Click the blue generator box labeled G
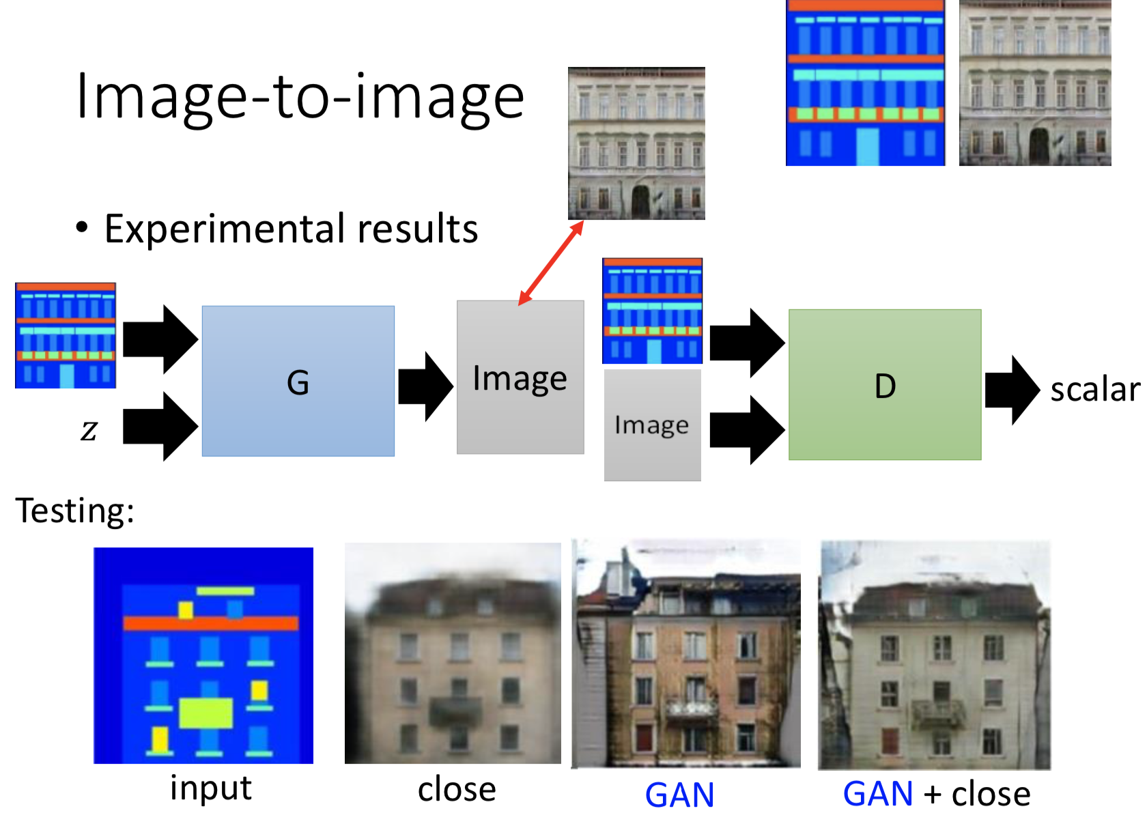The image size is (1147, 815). coord(298,381)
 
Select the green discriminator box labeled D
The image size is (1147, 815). coord(885,385)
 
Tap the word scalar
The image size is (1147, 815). coord(1094,390)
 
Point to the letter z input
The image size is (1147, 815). coord(89,430)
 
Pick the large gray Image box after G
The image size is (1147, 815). coord(520,377)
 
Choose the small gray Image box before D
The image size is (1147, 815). coord(652,425)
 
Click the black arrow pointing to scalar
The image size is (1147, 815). coord(1013,390)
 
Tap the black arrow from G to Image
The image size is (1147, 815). coord(425,386)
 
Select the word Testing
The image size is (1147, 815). coord(74,511)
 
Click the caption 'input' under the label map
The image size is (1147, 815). coord(211,788)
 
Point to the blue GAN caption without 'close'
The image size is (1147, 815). coord(679,795)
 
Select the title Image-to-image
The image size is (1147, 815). coord(300,97)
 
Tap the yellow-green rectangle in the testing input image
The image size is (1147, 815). coord(206,713)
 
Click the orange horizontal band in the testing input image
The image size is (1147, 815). coord(211,623)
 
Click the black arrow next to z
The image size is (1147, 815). coord(160,427)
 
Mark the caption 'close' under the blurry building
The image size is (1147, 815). coord(457,790)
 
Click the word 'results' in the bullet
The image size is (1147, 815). coord(418,229)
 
